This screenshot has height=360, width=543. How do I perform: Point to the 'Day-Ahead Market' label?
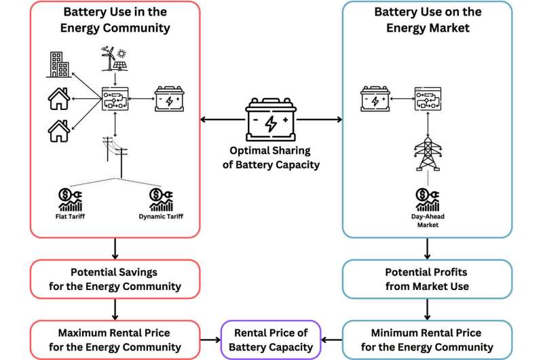coord(426,221)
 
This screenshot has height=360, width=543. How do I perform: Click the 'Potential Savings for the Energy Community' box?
coord(115,278)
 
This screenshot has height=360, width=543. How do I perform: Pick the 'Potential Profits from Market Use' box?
coord(427,278)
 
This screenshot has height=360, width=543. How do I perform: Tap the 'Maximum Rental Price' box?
coord(115,340)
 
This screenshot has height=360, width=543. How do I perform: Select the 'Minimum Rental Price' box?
coord(427,340)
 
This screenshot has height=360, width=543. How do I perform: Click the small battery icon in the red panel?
coord(168,98)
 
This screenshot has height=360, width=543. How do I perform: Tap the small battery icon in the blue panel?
coord(373,98)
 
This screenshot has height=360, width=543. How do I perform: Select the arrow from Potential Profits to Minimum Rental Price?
coord(427,309)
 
